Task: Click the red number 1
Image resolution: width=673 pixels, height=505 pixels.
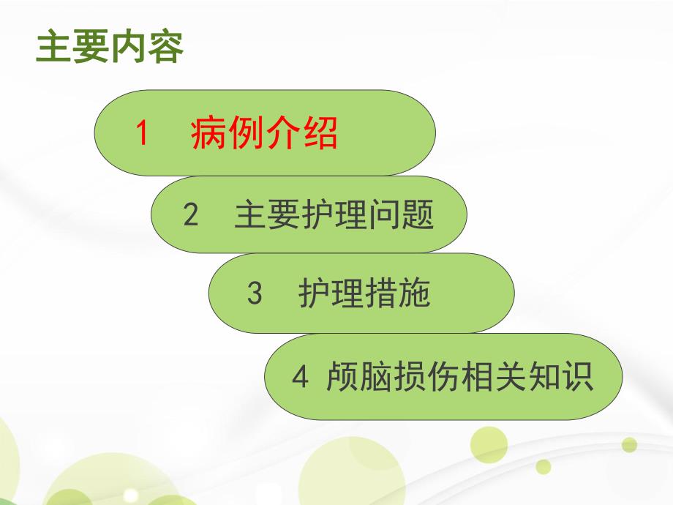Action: click(x=143, y=133)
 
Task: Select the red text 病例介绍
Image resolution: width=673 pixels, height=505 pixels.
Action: click(x=264, y=133)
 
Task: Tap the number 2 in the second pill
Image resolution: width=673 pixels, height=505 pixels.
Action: click(x=191, y=215)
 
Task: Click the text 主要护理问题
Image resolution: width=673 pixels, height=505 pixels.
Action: click(x=334, y=215)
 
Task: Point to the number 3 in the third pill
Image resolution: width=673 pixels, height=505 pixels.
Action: click(x=255, y=294)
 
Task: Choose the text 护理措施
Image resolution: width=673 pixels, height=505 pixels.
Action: click(x=364, y=294)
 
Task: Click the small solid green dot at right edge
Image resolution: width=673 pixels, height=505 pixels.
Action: click(x=629, y=444)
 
